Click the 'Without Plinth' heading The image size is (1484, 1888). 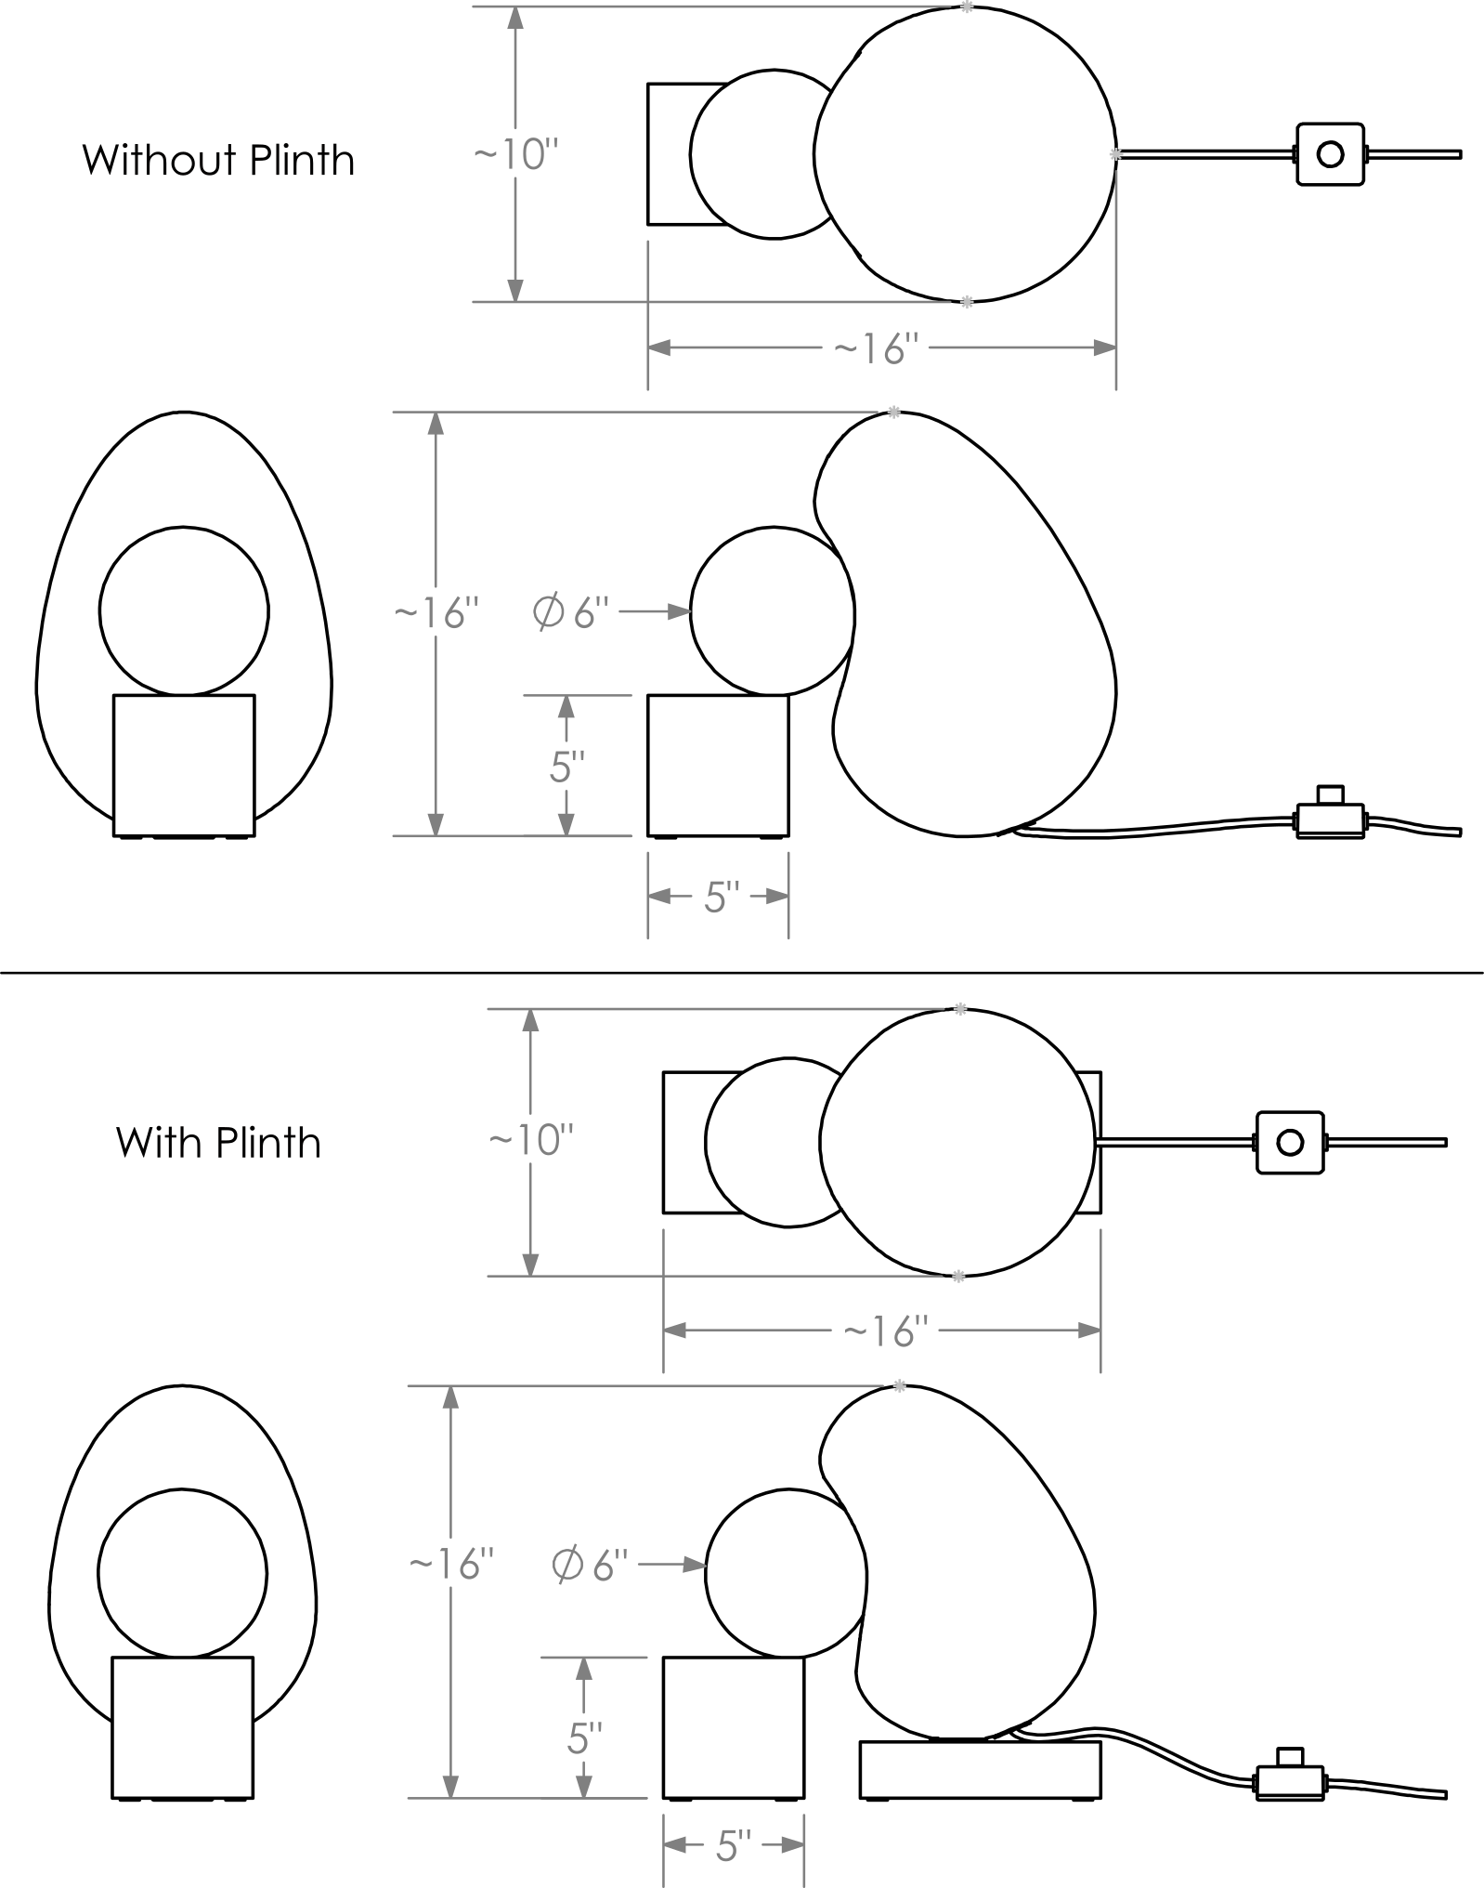(x=219, y=160)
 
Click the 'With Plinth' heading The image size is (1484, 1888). (x=219, y=1142)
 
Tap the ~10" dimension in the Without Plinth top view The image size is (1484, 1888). (x=517, y=154)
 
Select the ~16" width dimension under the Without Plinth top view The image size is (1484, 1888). (x=877, y=348)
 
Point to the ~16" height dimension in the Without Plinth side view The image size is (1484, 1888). (x=437, y=614)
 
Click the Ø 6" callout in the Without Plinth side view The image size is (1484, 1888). (x=570, y=611)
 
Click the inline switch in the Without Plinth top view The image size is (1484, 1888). (x=1330, y=154)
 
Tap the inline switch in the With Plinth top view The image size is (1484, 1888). (x=1289, y=1142)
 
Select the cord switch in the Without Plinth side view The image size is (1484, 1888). (x=1330, y=814)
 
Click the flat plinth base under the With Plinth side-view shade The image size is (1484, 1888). (x=980, y=1769)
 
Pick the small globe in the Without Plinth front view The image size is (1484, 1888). (x=184, y=611)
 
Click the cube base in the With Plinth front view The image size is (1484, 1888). (x=182, y=1727)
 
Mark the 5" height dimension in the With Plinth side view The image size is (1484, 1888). (x=584, y=1737)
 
